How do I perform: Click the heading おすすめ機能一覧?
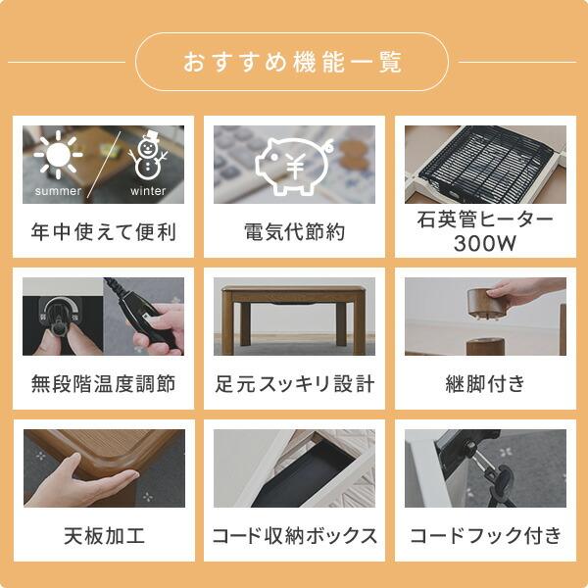pos(292,62)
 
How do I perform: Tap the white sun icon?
pos(58,155)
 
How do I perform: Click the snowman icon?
pos(148,155)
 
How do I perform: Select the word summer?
pos(58,191)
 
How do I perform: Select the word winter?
pos(148,191)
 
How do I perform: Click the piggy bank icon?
pos(294,166)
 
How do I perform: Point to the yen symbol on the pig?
pos(295,167)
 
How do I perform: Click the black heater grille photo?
pos(485,165)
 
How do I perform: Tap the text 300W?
pos(485,244)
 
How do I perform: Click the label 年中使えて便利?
pos(103,231)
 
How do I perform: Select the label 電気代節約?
pos(294,231)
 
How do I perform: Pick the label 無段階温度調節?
pos(103,383)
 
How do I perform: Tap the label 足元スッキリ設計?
pos(294,383)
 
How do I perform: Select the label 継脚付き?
pos(485,383)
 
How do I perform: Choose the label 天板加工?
pos(104,535)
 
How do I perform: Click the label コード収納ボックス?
pos(294,535)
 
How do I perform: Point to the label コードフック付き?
pos(485,535)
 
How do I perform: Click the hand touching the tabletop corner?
pos(80,484)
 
